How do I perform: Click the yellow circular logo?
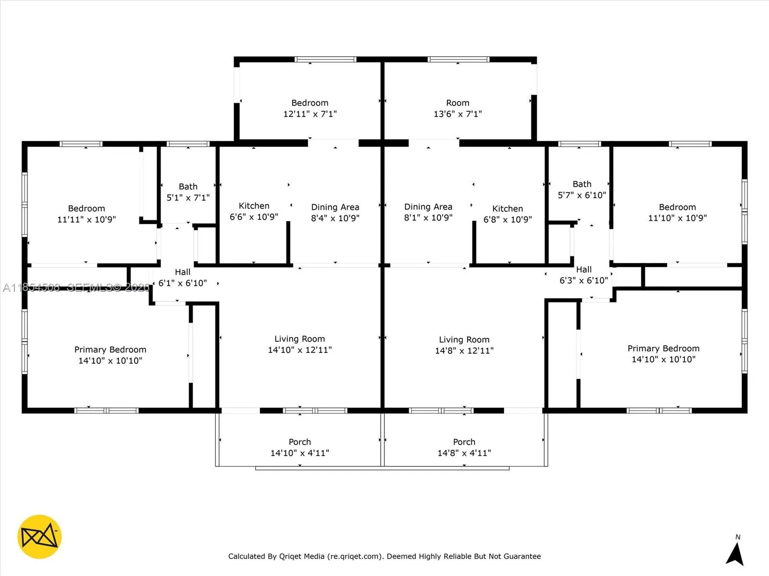click(x=39, y=537)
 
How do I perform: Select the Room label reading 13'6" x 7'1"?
click(x=458, y=108)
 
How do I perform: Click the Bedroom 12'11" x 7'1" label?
click(x=310, y=108)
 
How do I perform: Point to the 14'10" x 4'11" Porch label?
click(x=299, y=447)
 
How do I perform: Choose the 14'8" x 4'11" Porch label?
click(x=464, y=447)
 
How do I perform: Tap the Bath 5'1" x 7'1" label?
click(x=188, y=192)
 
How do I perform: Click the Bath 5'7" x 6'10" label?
click(x=582, y=190)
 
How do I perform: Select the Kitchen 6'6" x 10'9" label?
click(x=254, y=211)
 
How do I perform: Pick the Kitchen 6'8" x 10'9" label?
click(x=508, y=214)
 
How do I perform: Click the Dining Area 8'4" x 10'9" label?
click(x=335, y=213)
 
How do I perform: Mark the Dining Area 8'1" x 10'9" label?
click(x=428, y=212)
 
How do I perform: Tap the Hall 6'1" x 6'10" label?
click(x=183, y=277)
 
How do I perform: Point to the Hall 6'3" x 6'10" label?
click(x=583, y=275)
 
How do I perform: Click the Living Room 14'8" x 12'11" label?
click(x=464, y=345)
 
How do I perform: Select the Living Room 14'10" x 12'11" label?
click(x=299, y=344)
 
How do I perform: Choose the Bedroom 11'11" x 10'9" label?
click(x=87, y=214)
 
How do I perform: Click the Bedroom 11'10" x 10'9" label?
click(x=677, y=212)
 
